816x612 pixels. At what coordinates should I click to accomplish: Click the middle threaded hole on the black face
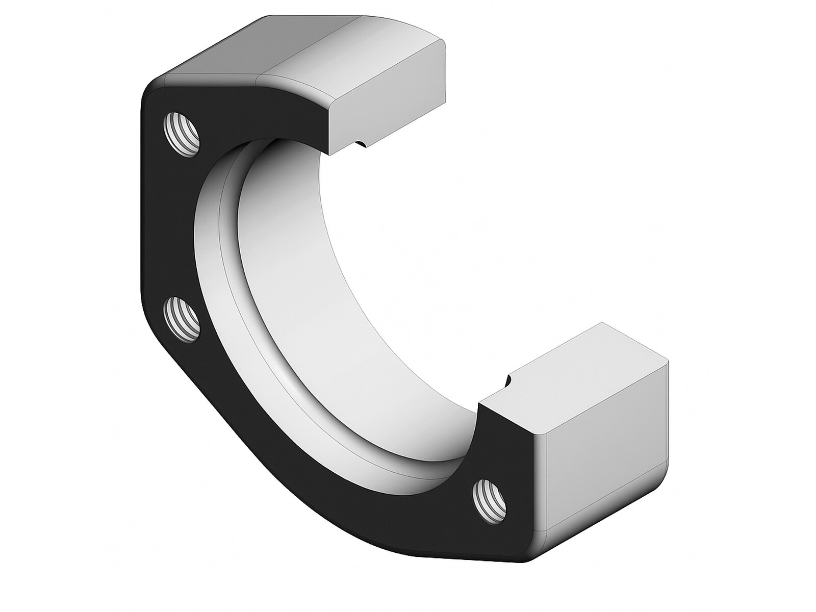(x=182, y=321)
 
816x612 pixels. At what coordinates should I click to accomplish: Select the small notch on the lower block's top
(x=507, y=380)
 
